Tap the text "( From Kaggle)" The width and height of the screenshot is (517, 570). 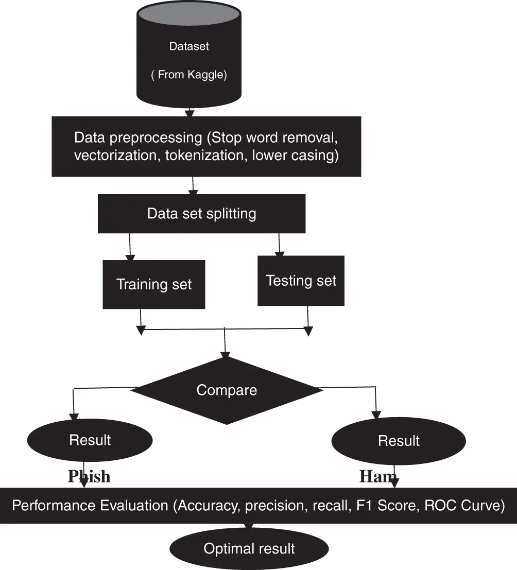click(189, 75)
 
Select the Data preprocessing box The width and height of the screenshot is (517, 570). click(206, 146)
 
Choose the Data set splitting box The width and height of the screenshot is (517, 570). click(201, 214)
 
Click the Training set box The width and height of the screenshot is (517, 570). click(153, 284)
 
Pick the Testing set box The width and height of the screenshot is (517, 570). click(301, 281)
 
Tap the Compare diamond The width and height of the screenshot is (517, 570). click(227, 390)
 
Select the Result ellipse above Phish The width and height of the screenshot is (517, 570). click(90, 440)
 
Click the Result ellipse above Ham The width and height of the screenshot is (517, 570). click(399, 441)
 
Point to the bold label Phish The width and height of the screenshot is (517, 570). click(89, 476)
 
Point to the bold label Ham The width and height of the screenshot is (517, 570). click(377, 477)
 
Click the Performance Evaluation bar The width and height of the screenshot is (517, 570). click(258, 506)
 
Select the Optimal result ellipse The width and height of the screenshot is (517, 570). click(249, 548)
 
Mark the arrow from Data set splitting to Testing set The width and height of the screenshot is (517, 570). click(279, 244)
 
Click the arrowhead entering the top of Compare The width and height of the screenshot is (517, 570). click(225, 354)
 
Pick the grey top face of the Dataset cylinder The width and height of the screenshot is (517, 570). click(189, 13)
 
